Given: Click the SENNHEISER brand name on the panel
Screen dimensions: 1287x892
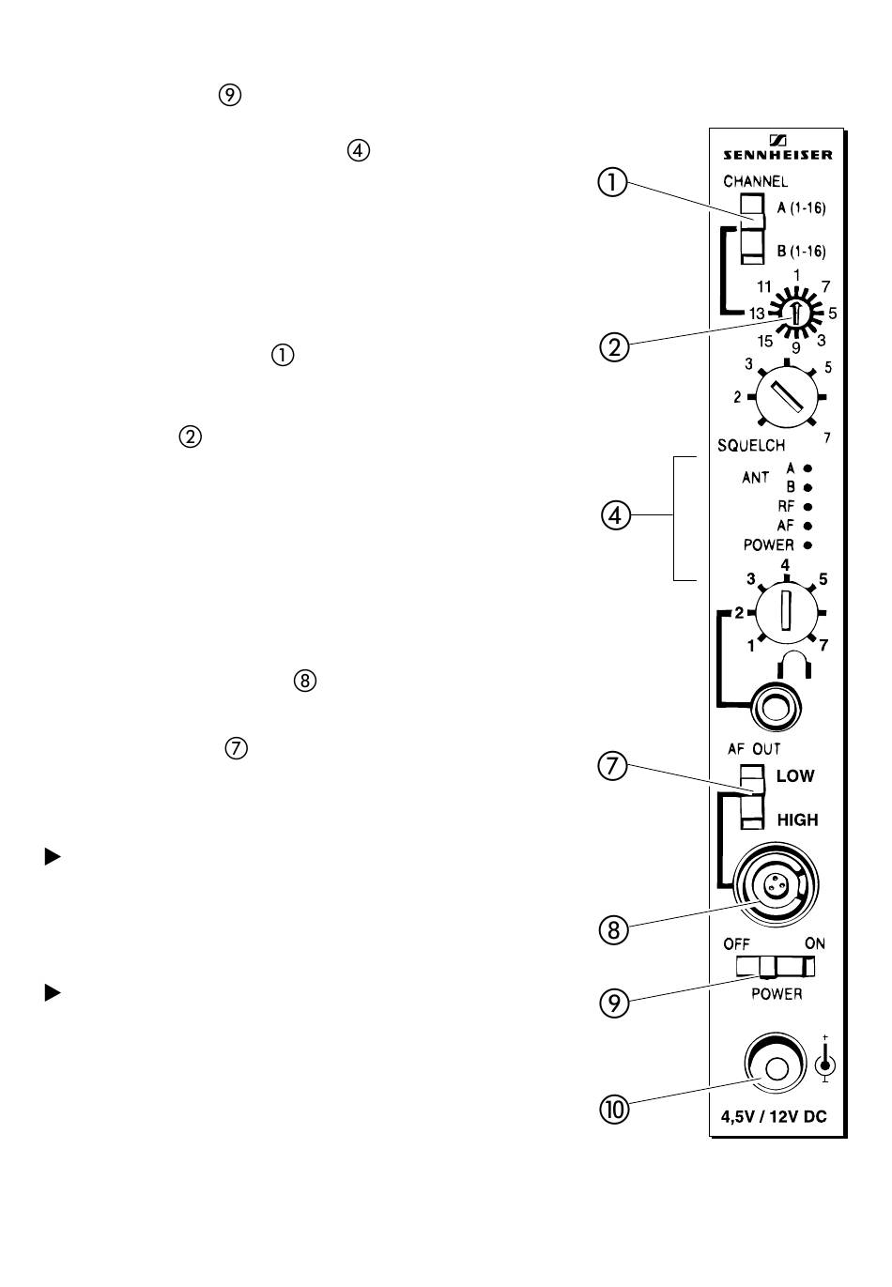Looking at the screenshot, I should coord(777,155).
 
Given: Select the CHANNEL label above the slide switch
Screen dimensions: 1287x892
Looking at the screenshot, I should coord(755,181).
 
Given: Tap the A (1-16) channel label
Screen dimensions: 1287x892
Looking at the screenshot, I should coord(801,207).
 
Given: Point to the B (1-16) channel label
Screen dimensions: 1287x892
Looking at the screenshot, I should coord(801,252).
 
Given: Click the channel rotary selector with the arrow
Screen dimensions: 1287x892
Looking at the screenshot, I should coord(795,313).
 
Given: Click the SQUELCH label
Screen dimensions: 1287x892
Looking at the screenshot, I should coord(751,445).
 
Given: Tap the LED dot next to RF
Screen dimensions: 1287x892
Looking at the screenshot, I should coord(807,507).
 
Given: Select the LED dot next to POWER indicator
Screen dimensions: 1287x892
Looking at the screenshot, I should coord(807,545).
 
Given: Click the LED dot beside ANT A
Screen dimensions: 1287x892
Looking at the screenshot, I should coord(807,467).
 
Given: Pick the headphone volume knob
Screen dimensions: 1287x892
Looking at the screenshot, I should coord(785,610).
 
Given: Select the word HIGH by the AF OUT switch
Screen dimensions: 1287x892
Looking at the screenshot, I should coord(797,820).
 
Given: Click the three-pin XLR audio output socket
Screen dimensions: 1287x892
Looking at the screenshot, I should coord(777,883).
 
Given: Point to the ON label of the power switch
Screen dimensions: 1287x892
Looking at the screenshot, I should coord(814,943).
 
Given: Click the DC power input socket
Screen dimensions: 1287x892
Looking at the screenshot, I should coord(776,1066).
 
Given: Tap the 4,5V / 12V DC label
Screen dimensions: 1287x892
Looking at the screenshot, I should coord(774,1117).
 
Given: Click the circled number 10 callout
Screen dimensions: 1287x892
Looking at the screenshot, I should coord(615,1109).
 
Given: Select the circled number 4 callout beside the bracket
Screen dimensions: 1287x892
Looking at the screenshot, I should coord(615,515).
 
